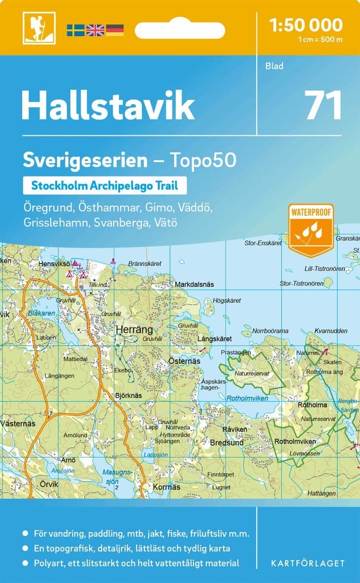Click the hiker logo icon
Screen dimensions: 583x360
39,28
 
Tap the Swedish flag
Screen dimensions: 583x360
75,30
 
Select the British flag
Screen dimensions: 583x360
95,30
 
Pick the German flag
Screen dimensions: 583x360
114,30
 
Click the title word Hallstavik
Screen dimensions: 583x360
108,106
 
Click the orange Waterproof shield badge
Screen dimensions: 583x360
311,230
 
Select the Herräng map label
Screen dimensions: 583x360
134,330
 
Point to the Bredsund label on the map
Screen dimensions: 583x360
227,443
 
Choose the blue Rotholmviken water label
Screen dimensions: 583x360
247,398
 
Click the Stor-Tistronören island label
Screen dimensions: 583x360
301,284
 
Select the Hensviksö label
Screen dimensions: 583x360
54,264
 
